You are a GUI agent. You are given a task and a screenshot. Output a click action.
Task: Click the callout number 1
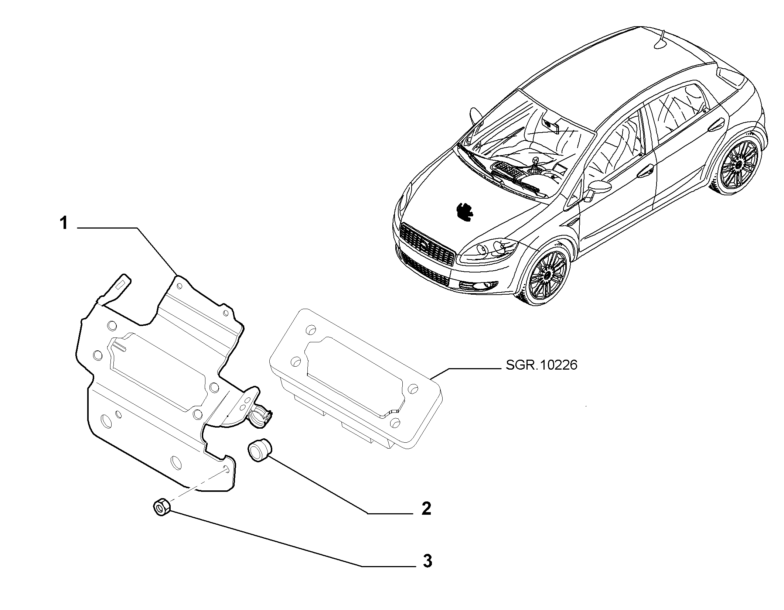pyautogui.click(x=64, y=223)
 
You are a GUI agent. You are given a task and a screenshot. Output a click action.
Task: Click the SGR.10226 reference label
pyautogui.click(x=540, y=365)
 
